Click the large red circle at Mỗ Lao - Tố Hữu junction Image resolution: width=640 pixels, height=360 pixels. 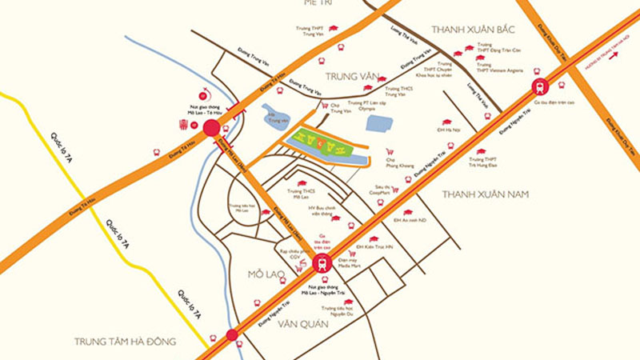[x=212, y=129]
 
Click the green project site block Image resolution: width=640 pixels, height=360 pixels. [x=320, y=144]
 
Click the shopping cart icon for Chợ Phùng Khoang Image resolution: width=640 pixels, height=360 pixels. [x=390, y=151]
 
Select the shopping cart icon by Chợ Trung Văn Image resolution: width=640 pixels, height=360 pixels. [x=324, y=105]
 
